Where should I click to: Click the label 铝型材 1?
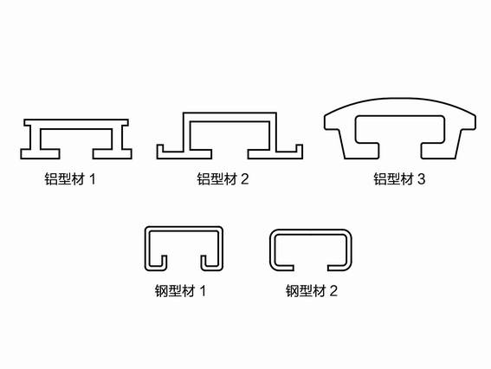pyautogui.click(x=70, y=179)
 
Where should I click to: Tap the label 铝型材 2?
pyautogui.click(x=223, y=179)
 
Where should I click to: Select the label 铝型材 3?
pyautogui.click(x=399, y=179)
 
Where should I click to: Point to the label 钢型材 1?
pyautogui.click(x=181, y=291)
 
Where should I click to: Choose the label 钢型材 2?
pyautogui.click(x=312, y=291)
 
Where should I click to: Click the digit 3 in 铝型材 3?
pyautogui.click(x=422, y=179)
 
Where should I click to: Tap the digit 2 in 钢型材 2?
pyautogui.click(x=333, y=291)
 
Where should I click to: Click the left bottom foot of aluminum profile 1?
pyautogui.click(x=40, y=154)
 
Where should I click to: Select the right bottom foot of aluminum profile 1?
pyautogui.click(x=112, y=154)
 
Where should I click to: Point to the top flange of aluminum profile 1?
pyautogui.click(x=76, y=123)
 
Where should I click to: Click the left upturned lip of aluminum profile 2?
pyautogui.click(x=160, y=149)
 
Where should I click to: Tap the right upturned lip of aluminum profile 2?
pyautogui.click(x=299, y=149)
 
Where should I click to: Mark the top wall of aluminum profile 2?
pyautogui.click(x=229, y=117)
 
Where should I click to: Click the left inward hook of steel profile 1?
pyautogui.click(x=163, y=263)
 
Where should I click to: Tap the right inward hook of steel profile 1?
pyautogui.click(x=204, y=263)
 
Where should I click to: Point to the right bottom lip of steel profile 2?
pyautogui.click(x=339, y=267)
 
